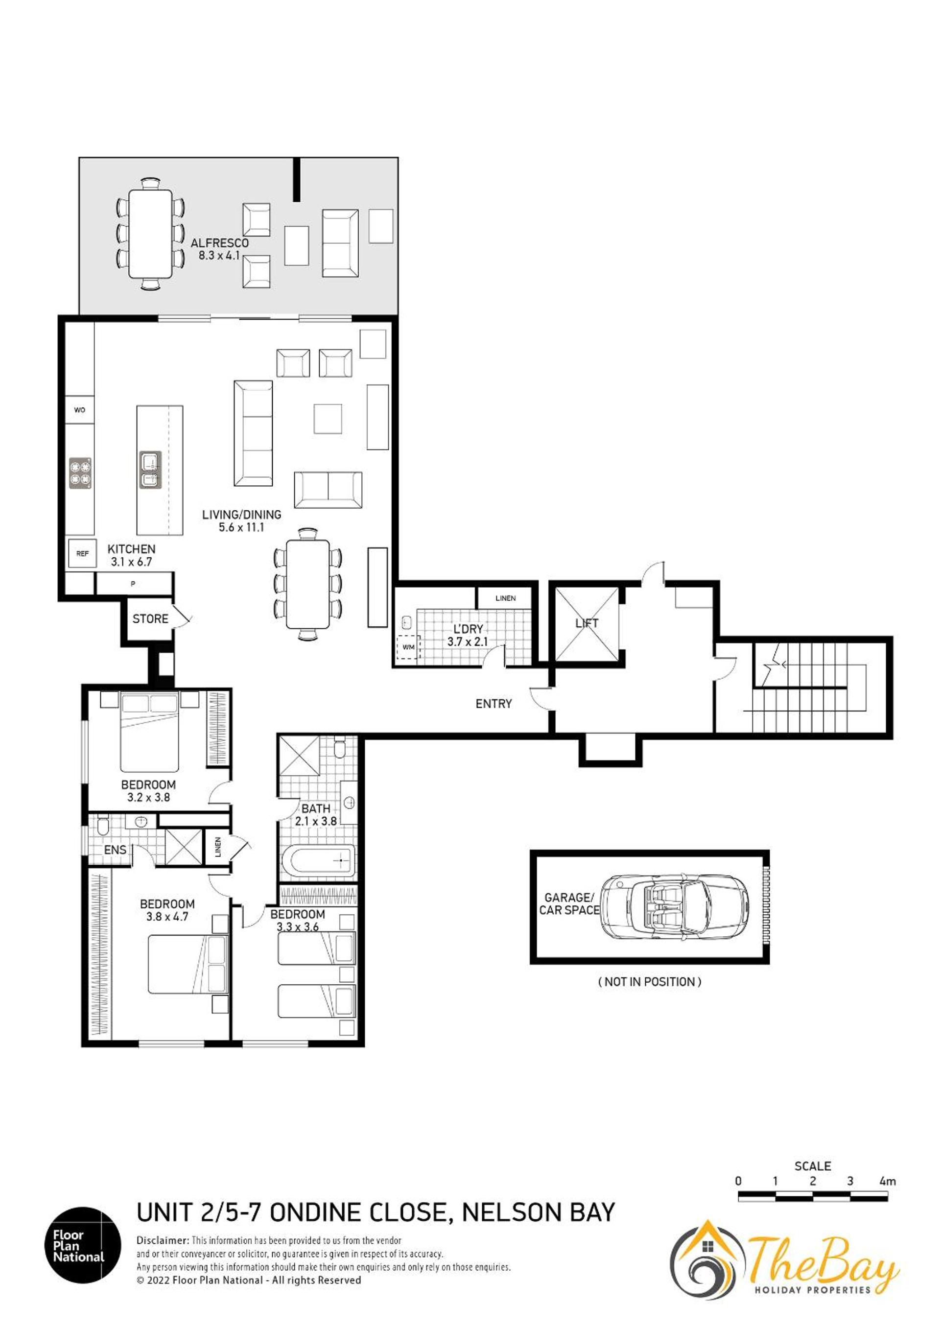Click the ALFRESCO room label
point(220,243)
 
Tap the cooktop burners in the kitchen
point(81,473)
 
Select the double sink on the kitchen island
point(150,471)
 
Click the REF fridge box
point(82,553)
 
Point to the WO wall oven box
point(80,410)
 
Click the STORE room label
point(150,619)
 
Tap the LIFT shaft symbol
point(587,624)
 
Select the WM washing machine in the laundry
point(407,647)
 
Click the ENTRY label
point(493,704)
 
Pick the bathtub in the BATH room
point(323,861)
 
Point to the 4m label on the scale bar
point(887,1182)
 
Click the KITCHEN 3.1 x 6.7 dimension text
point(131,562)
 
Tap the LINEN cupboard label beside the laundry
point(505,598)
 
